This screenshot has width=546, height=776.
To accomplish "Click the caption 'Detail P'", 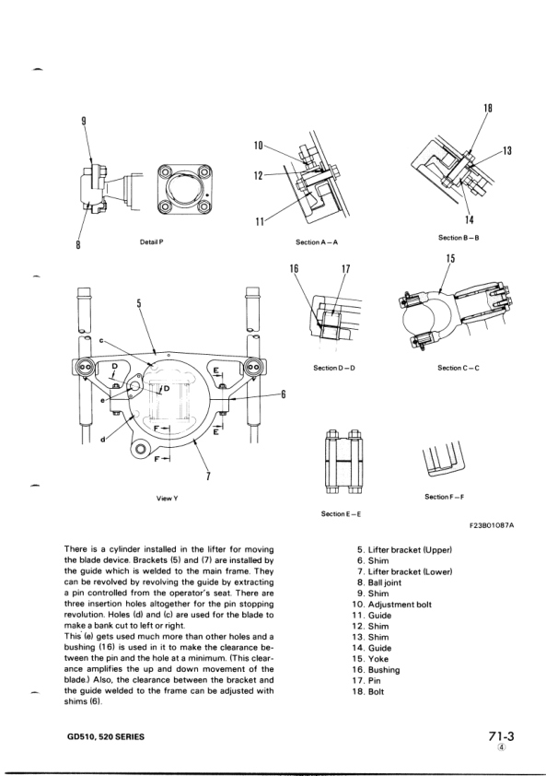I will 150,241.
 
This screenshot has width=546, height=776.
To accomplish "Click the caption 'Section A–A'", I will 317,242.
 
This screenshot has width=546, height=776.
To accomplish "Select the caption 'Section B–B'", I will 457,238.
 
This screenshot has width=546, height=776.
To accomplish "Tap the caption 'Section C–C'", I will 458,368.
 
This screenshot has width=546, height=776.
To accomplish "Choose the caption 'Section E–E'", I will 341,513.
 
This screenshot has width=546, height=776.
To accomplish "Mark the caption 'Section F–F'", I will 445,497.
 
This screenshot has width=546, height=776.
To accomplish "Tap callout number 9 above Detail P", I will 84,121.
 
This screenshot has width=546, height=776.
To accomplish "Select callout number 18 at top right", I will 488,109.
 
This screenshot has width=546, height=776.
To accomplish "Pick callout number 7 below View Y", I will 209,476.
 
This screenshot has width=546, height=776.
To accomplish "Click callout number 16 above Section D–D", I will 295,271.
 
